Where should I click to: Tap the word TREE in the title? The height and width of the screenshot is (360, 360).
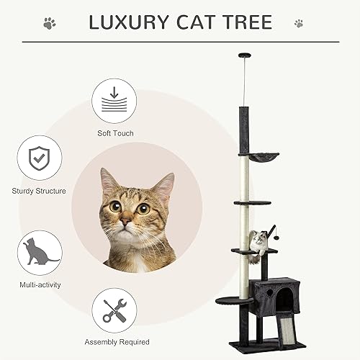point(247,22)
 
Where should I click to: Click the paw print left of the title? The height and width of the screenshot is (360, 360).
point(49,23)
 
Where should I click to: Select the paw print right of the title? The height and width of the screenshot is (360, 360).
point(298,23)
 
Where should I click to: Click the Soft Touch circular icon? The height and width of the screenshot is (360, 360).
point(115,101)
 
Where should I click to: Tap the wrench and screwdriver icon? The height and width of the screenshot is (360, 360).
point(114,310)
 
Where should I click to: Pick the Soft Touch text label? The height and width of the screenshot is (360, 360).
point(115,133)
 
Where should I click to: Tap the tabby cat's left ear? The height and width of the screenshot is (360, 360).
point(109,180)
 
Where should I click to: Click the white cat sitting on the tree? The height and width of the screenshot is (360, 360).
point(256,240)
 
